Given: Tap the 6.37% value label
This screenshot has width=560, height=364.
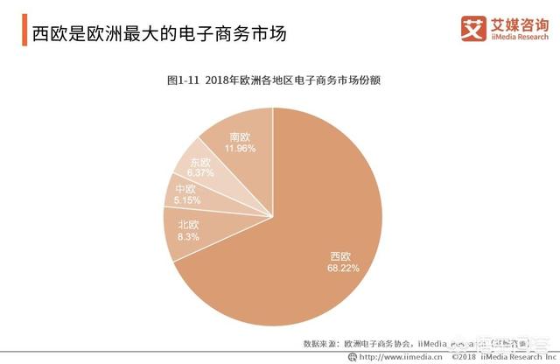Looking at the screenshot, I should pos(200,173).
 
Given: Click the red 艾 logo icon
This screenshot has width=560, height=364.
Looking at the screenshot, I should pos(473,28).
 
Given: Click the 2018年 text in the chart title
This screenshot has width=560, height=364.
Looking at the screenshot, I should pos(227,80).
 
